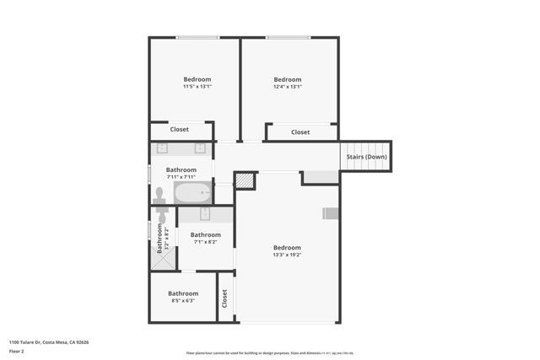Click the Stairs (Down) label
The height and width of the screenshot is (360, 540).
point(367,157)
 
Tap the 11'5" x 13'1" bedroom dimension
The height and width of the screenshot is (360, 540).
point(197,87)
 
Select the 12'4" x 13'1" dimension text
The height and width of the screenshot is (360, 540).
point(287,87)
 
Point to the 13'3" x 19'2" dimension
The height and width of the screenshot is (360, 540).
point(287,255)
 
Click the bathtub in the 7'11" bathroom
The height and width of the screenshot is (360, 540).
point(193,194)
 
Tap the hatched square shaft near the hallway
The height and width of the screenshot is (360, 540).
point(244,180)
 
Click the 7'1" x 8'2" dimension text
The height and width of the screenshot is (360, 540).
point(205,242)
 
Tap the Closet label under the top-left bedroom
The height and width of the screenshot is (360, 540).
point(180,130)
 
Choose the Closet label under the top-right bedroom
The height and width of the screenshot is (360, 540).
point(300,132)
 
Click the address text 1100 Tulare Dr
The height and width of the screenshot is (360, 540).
point(49,342)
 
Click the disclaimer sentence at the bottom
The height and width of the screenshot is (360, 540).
point(270,352)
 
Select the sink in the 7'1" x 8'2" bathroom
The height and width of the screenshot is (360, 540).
point(204,215)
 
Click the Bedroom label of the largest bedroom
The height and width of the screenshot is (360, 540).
point(287,247)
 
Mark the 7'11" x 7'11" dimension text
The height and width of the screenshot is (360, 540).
point(181,177)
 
